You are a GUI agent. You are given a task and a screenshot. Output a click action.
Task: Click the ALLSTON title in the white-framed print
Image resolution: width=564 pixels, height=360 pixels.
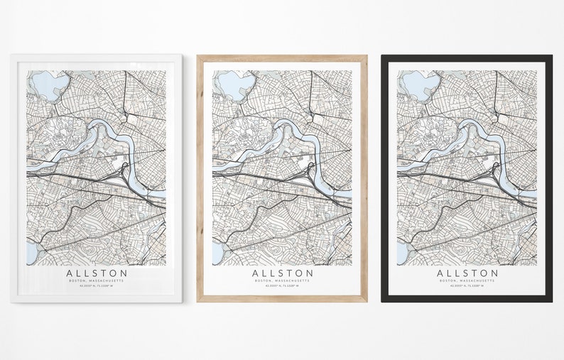97,273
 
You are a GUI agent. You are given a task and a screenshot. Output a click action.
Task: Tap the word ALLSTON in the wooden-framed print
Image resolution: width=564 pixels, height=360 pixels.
282,273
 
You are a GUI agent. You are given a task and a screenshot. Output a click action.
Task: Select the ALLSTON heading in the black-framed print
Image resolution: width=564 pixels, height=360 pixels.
467,273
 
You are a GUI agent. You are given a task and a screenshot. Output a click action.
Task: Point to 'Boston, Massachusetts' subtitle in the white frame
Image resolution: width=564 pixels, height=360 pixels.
97,281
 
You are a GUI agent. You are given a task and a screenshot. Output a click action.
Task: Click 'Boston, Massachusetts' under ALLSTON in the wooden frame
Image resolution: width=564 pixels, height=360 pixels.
282,281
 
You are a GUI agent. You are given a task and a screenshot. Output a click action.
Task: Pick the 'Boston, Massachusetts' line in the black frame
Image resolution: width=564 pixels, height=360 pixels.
467,281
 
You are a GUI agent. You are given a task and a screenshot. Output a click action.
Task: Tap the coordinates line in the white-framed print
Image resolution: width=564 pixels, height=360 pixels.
97,288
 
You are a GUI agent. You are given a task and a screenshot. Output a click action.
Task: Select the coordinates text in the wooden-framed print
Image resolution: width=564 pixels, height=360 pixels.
282,288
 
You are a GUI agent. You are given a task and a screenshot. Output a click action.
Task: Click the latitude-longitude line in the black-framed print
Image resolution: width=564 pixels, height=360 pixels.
467,288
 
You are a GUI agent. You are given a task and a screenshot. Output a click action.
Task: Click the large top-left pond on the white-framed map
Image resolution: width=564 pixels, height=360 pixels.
43,84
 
